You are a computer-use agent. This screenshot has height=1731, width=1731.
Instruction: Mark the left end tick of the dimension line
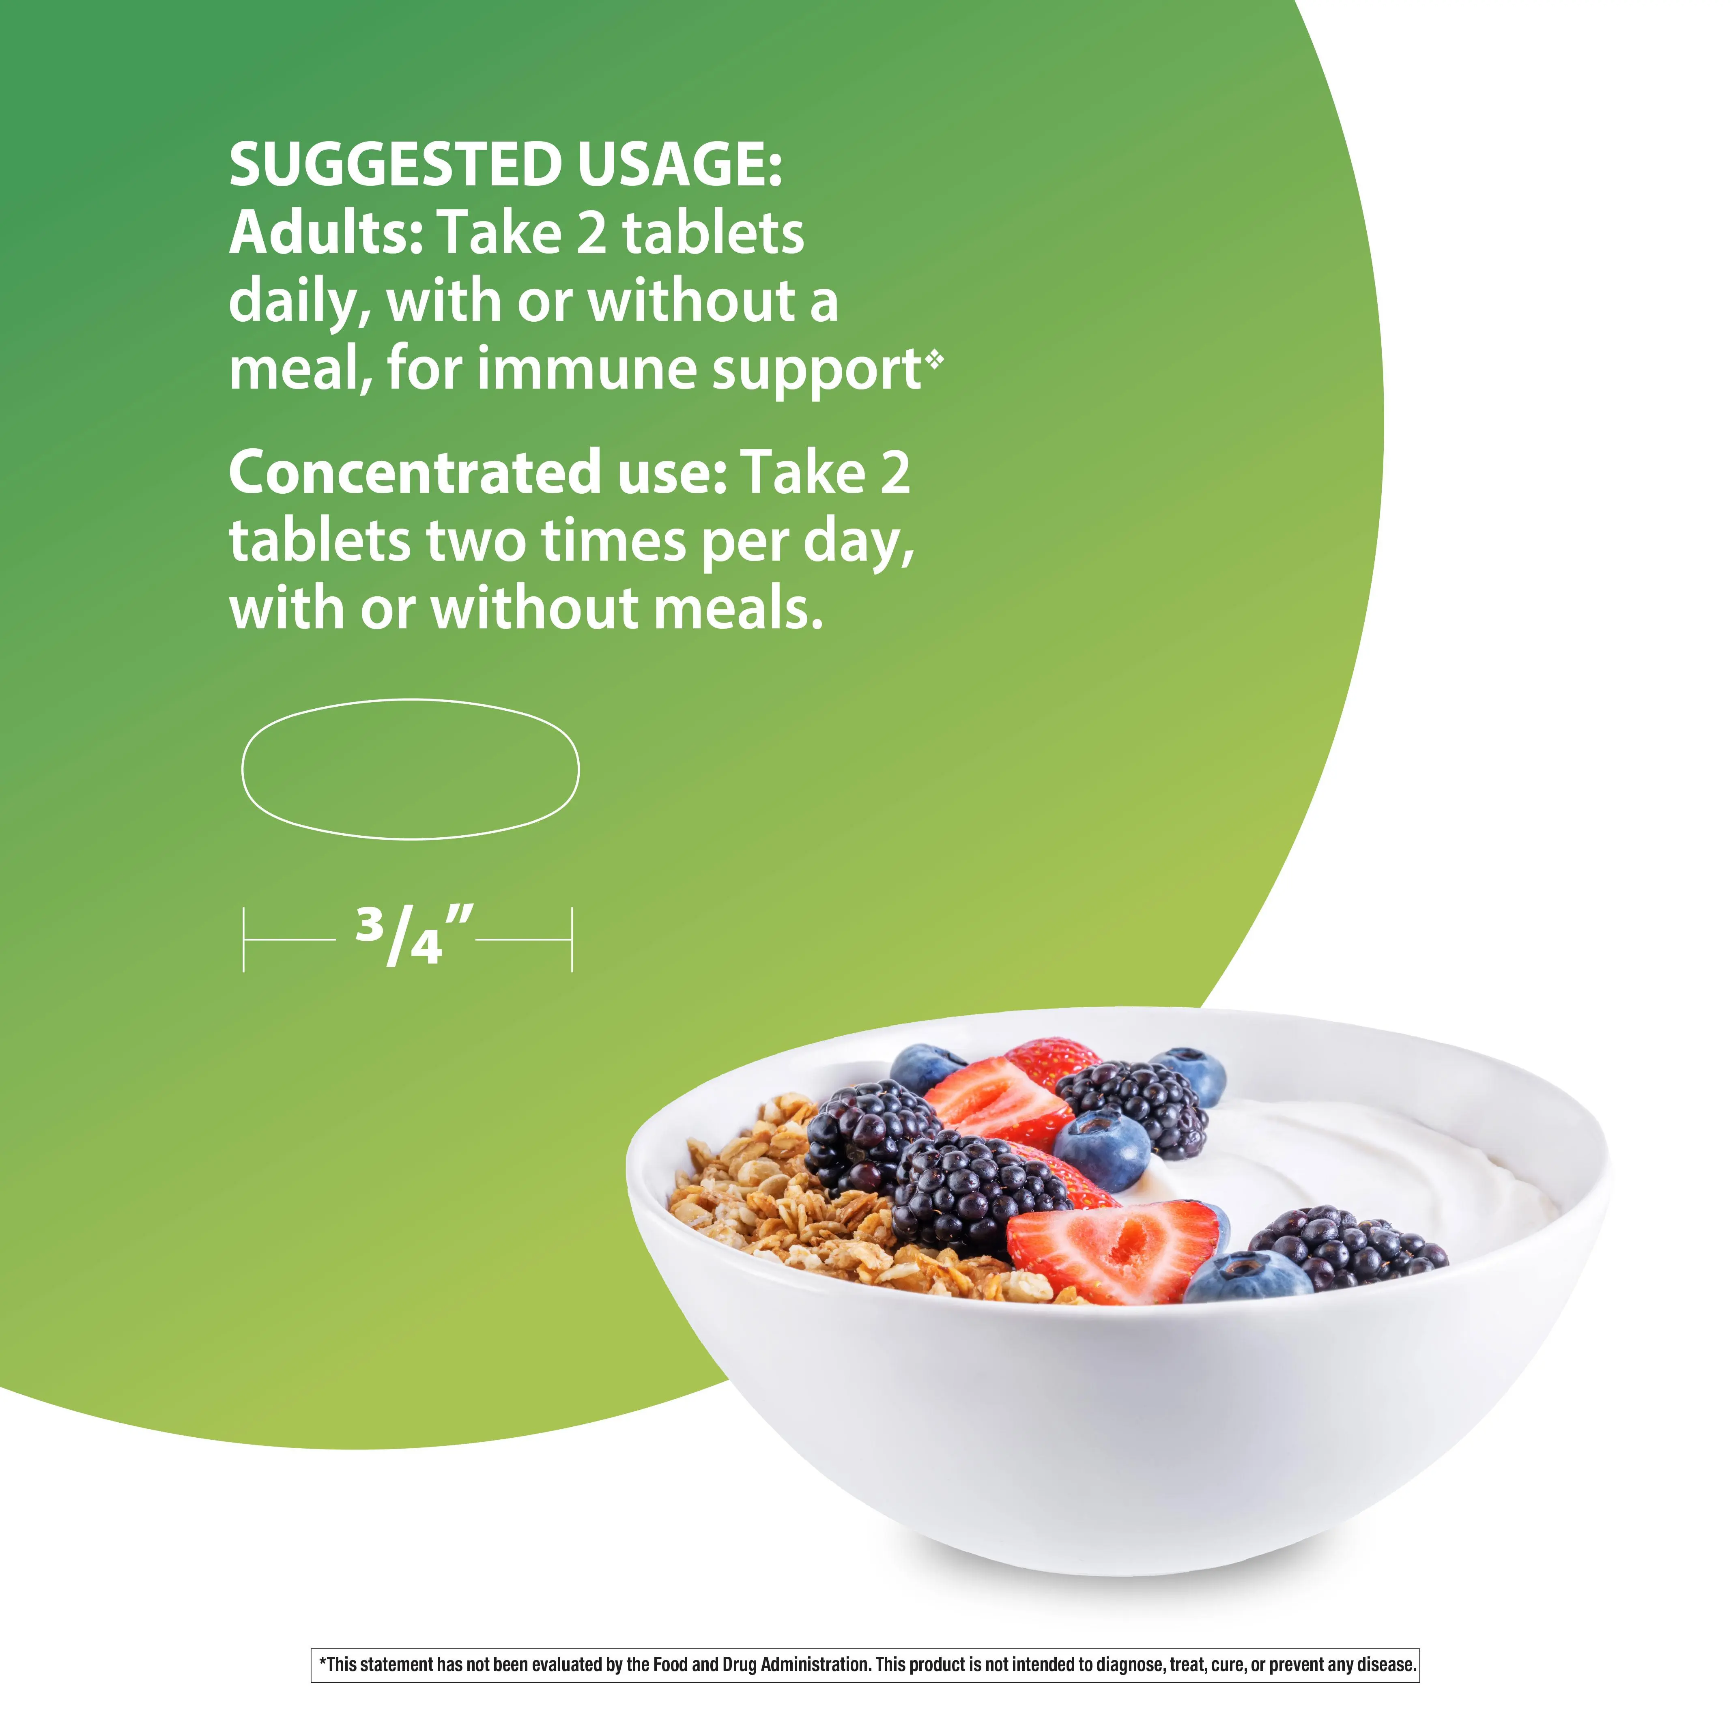pyautogui.click(x=244, y=939)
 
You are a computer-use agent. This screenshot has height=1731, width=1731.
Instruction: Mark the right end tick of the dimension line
pyautogui.click(x=572, y=939)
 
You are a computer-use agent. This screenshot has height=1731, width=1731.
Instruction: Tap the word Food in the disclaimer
pyautogui.click(x=670, y=1665)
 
